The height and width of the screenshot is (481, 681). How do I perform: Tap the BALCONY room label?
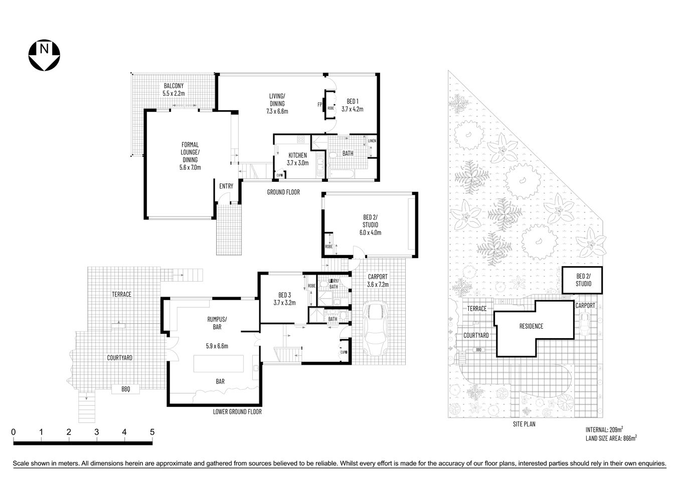[x=174, y=86]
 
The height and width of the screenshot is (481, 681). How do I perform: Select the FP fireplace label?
[x=319, y=105]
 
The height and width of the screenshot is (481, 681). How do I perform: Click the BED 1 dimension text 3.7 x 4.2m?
[x=352, y=109]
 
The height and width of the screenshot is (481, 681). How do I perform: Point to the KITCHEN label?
[x=297, y=155]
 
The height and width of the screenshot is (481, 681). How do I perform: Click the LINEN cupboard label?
[x=372, y=141]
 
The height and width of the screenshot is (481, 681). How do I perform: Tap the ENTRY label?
[x=226, y=186]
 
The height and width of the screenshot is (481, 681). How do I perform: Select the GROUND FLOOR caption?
[x=283, y=192]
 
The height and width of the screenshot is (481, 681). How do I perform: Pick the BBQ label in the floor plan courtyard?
[x=125, y=389]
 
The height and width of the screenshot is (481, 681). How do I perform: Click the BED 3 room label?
[x=284, y=295]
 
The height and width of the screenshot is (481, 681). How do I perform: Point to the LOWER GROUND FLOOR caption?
[x=237, y=412]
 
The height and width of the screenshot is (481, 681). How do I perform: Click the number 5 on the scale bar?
[x=152, y=432]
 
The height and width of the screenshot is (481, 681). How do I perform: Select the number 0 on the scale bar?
[x=14, y=432]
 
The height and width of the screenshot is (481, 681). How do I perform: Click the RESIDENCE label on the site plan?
[x=531, y=326]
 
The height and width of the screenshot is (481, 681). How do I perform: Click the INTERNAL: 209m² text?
[x=604, y=429]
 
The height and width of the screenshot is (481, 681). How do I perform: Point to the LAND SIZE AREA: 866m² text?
[x=611, y=438]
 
